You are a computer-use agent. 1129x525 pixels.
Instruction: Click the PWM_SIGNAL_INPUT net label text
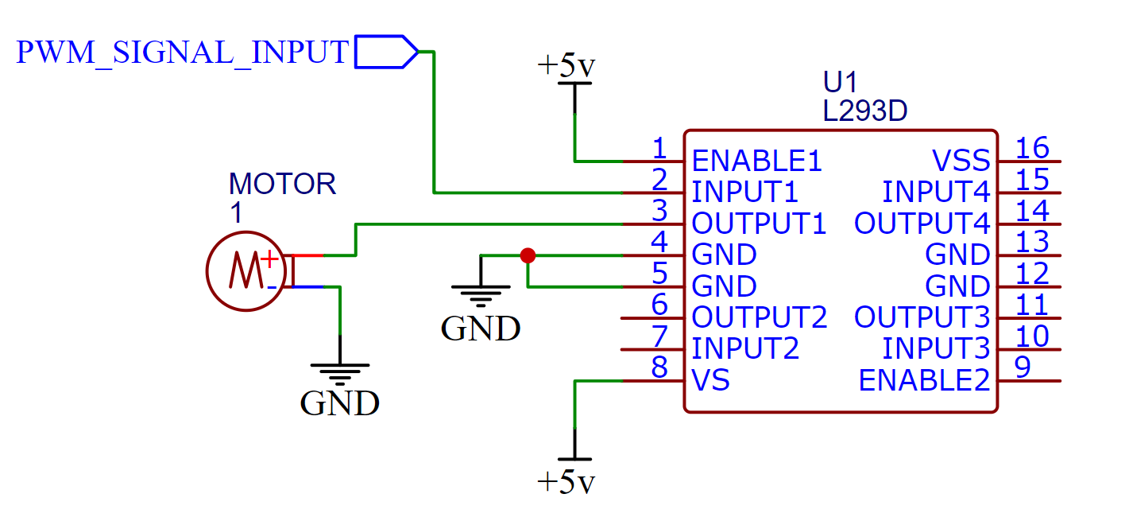[x=183, y=52]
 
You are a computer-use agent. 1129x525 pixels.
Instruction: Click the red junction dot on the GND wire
[x=527, y=255]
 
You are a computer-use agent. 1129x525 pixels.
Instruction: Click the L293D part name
[x=865, y=112]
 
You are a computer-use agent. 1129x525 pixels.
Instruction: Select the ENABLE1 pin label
[x=756, y=161]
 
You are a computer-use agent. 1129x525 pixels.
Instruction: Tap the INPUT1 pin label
[x=745, y=192]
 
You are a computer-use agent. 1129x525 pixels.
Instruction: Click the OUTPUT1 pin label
[x=759, y=224]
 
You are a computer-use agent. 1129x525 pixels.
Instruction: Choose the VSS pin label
[x=961, y=161]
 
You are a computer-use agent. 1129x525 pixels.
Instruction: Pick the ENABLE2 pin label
[x=925, y=381]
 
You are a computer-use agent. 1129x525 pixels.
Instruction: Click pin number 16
[x=1032, y=148]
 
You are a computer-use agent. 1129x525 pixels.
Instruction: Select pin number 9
[x=1023, y=367]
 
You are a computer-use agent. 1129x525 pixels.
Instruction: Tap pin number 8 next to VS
[x=659, y=367]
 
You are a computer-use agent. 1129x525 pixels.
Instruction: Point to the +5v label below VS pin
[x=566, y=482]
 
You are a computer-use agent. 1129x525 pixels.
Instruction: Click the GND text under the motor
[x=339, y=404]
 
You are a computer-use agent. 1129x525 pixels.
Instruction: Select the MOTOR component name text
[x=283, y=184]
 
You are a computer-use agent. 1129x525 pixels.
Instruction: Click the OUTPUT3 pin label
[x=922, y=317]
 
